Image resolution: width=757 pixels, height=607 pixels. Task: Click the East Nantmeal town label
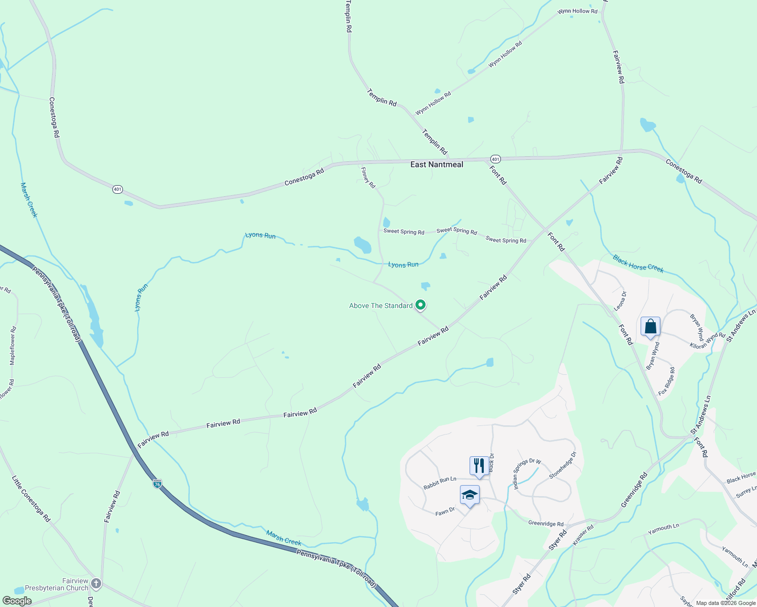[x=436, y=164]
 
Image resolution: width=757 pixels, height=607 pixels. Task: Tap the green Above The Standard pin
[x=420, y=305]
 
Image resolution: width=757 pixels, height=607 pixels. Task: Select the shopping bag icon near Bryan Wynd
[x=650, y=326]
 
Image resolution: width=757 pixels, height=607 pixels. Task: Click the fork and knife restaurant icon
[x=479, y=465]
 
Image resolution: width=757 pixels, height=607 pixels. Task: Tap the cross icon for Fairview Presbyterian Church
[x=96, y=584]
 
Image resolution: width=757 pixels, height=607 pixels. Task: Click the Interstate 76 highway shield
[x=157, y=484]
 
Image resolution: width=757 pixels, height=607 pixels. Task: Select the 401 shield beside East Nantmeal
[x=495, y=159]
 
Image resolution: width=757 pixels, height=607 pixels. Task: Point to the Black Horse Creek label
[x=638, y=264]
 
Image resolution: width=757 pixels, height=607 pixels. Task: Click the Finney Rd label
[x=368, y=178]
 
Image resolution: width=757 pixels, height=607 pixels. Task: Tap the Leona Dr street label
[x=620, y=300]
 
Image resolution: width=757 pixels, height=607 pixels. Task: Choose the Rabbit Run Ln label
[x=440, y=483]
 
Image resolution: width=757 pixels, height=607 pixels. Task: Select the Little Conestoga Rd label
[x=31, y=499]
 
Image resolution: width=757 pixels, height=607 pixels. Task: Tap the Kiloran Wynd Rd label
[x=707, y=340]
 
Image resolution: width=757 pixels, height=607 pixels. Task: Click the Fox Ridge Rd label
[x=666, y=381]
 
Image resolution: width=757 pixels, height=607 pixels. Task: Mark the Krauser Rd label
[x=582, y=535]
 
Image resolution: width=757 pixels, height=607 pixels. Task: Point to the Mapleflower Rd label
[x=13, y=345]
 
